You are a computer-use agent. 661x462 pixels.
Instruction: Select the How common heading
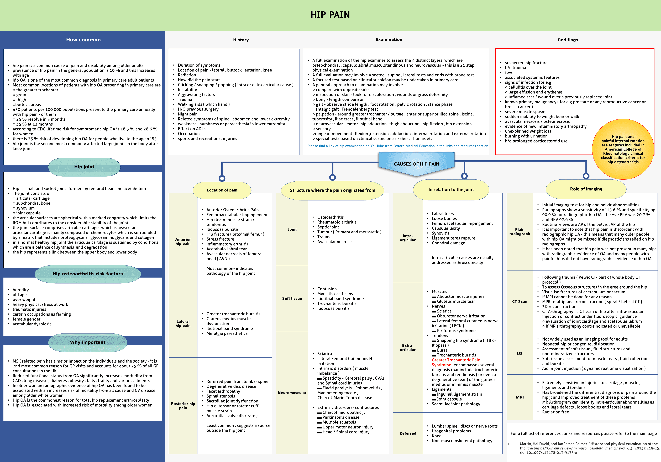tap(83, 40)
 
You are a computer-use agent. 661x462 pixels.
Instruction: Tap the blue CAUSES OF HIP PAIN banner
tap(416, 164)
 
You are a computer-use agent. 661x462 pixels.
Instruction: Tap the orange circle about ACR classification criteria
tap(623, 149)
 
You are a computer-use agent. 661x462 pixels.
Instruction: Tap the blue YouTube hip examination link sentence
tap(398, 146)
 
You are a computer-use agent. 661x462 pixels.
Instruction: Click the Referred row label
tap(408, 433)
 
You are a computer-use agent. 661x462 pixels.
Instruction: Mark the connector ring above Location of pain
tap(222, 178)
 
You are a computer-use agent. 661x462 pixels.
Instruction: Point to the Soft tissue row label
tap(292, 299)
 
